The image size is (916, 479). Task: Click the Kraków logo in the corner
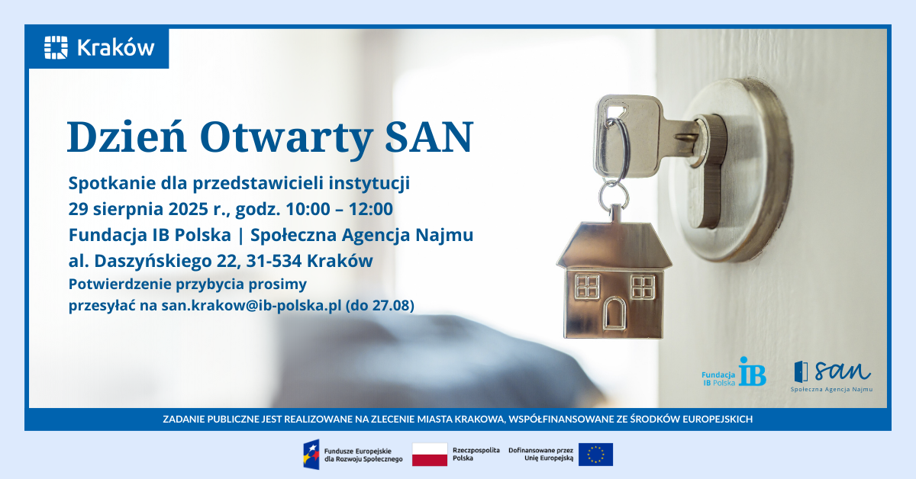pos(99,47)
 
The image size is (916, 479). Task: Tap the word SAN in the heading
pos(429,137)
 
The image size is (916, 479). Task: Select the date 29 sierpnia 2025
pos(138,209)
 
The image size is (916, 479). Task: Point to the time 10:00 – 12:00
pos(340,209)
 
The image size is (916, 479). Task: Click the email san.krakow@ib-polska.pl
pos(251,305)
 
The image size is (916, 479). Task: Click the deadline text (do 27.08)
pos(380,305)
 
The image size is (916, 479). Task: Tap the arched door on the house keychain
pos(614,313)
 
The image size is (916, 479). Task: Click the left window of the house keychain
pos(587,286)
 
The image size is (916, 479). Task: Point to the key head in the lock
pos(627,136)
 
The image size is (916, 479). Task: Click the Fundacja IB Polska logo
pos(734,372)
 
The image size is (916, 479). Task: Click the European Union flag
pos(595,455)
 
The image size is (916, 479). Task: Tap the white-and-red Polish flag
pos(430,455)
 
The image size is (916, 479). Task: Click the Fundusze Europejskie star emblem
pos(311,455)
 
